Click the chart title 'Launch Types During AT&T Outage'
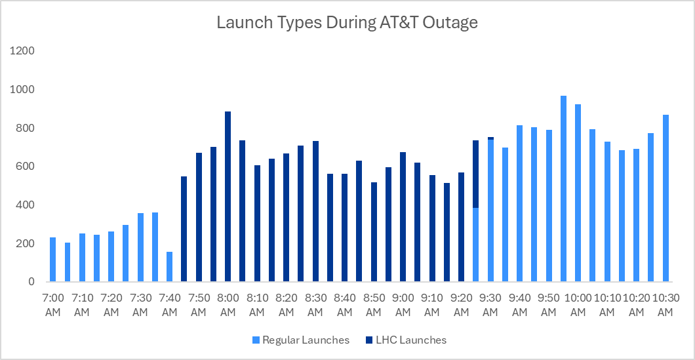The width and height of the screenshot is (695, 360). (x=347, y=23)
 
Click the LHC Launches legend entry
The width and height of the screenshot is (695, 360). (x=406, y=340)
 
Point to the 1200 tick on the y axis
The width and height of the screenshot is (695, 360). (x=24, y=51)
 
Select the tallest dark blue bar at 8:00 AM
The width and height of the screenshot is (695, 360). (x=228, y=197)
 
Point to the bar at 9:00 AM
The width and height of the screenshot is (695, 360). (x=403, y=217)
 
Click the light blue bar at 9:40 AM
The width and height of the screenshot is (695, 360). (x=519, y=203)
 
